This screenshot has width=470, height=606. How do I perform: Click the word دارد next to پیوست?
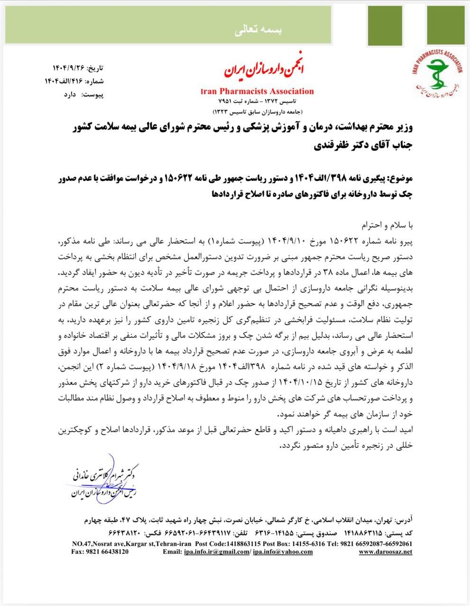click(70, 95)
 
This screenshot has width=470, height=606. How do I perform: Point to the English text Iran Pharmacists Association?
click(257, 91)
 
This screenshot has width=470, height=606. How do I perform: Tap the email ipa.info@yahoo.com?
click(283, 552)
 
